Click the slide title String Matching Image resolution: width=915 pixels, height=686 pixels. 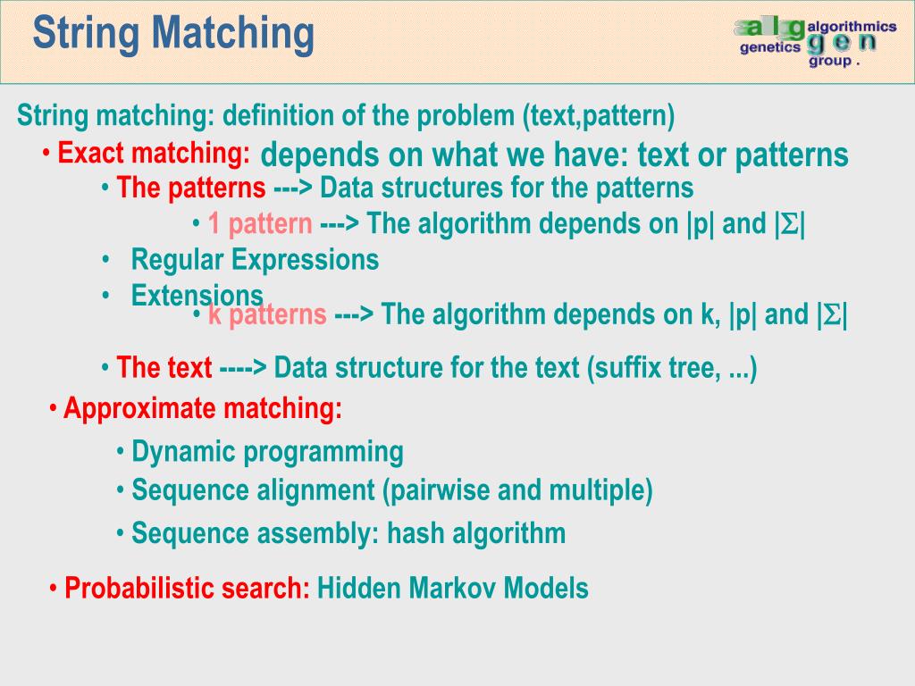(173, 34)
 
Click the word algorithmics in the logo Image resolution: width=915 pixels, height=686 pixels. (852, 29)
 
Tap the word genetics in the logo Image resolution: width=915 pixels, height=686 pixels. (770, 48)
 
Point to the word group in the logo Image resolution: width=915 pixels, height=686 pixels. (830, 62)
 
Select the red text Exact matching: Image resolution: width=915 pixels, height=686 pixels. (154, 154)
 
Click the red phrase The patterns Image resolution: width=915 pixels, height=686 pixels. (191, 188)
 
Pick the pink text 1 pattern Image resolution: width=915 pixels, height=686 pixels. (260, 224)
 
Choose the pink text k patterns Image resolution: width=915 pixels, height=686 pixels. (267, 314)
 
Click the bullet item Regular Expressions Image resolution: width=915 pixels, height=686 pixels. (255, 260)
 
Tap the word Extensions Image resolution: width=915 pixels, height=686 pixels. (197, 295)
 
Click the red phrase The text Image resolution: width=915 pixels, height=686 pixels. (164, 368)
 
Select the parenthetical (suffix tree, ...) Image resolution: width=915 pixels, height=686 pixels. (672, 368)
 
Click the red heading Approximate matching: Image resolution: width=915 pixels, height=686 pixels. (203, 409)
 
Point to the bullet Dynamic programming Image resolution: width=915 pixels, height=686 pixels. (267, 452)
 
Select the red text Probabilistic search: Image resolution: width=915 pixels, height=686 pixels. (188, 589)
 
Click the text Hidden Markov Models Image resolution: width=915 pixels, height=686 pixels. (453, 589)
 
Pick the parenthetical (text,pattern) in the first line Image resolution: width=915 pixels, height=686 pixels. (599, 116)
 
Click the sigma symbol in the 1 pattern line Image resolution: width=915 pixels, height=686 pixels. (790, 225)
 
